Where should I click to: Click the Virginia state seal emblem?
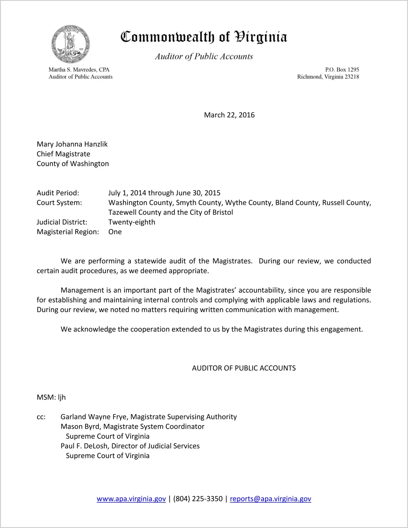pos(70,44)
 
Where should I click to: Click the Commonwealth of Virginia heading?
pos(204,37)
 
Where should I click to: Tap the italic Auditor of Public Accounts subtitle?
pos(204,56)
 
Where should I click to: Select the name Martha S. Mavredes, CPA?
pos(79,70)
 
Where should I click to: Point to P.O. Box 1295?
pos(342,70)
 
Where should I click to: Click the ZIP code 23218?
pos(352,77)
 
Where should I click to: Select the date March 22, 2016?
pos(229,115)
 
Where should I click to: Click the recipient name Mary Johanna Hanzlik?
pos(72,144)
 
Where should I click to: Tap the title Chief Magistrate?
pos(63,154)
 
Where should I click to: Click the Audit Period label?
pos(58,193)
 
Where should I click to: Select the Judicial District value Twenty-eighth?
pos(132,222)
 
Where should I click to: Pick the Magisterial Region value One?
pos(115,232)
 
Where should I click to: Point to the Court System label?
pos(59,203)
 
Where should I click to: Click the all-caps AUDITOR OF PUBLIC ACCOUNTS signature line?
pos(244,368)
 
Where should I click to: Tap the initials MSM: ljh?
pos(51,397)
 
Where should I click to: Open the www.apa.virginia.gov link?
pos(131,499)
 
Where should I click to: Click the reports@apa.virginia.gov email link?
pos(270,499)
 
